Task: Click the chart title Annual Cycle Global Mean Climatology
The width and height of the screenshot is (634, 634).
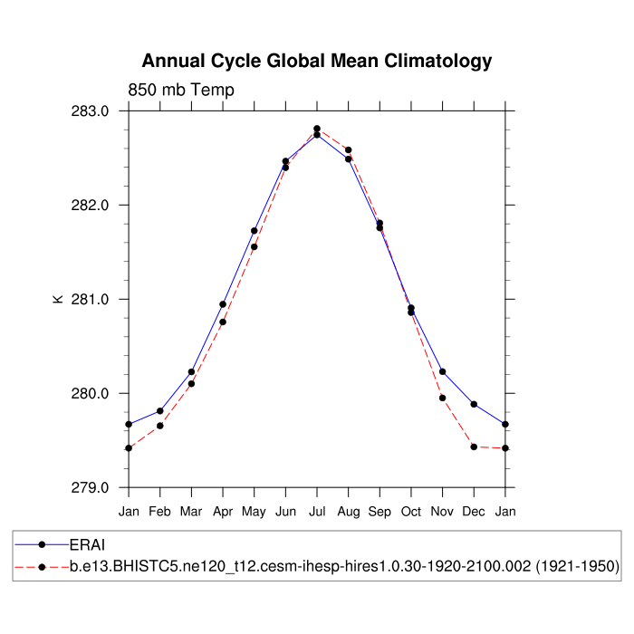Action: tap(317, 62)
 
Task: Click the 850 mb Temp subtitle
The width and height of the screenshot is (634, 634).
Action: tap(181, 90)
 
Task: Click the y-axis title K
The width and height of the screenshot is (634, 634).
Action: tap(58, 299)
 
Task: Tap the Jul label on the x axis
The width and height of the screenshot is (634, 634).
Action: tap(317, 512)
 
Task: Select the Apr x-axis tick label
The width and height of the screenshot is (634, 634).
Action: tap(223, 512)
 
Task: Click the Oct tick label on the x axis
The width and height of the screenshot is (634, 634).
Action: tap(411, 512)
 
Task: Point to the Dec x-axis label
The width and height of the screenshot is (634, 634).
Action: tap(474, 512)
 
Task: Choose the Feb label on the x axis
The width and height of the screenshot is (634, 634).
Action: tap(160, 512)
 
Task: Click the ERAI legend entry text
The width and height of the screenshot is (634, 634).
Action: tap(88, 544)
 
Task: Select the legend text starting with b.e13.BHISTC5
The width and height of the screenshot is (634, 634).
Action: tap(344, 566)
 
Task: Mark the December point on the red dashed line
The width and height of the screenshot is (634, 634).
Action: tap(474, 447)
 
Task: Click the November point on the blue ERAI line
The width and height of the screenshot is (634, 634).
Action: tap(442, 371)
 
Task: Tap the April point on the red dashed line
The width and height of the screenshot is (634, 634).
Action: tap(223, 322)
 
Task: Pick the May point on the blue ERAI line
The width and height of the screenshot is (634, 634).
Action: tap(255, 231)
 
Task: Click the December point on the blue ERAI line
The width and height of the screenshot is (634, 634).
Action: tap(474, 404)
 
